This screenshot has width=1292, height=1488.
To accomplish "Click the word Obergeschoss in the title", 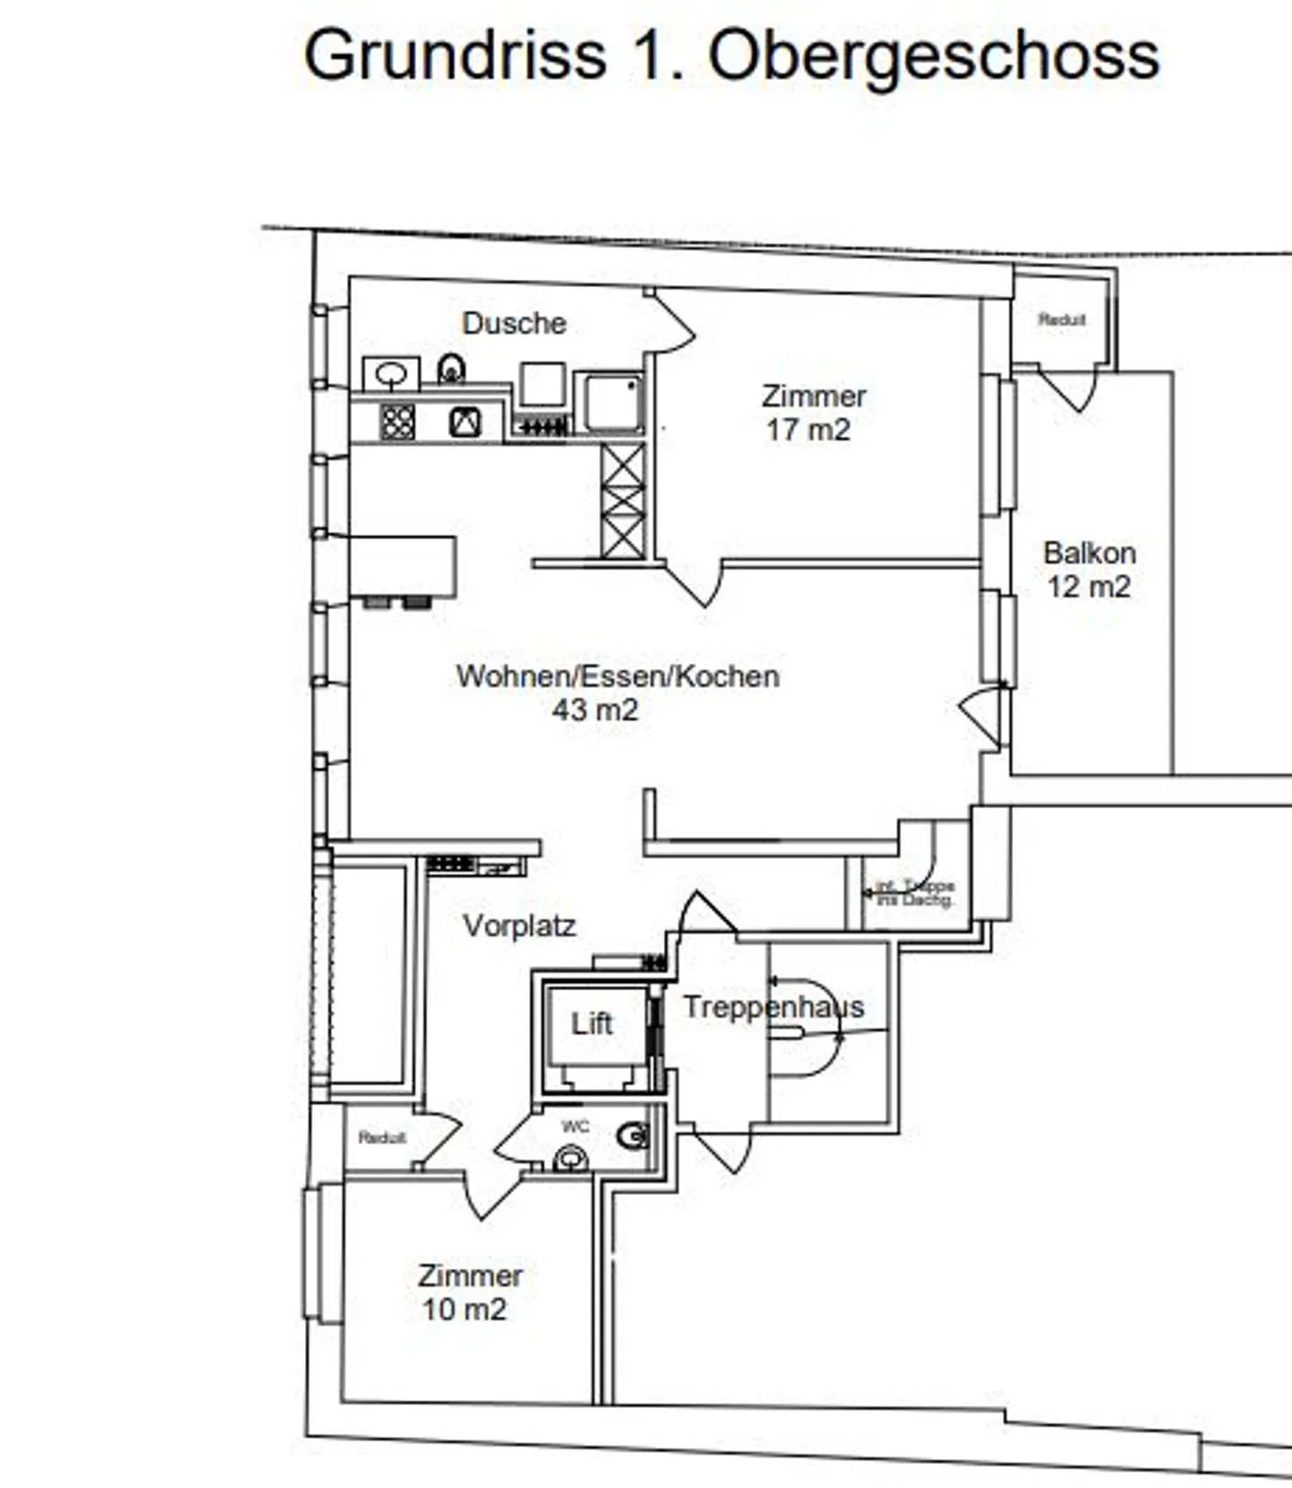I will [x=933, y=56].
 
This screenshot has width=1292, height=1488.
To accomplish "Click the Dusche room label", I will [x=514, y=323].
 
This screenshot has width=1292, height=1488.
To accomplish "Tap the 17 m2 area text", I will [x=807, y=430].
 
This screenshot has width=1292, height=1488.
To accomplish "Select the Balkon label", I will [x=1089, y=553].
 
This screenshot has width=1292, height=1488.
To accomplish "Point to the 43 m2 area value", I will [x=595, y=709].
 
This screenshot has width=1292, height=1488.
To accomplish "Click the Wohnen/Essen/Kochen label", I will [x=617, y=675].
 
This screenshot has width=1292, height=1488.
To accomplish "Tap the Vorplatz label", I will [x=519, y=925].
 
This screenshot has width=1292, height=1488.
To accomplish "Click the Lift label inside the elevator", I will [x=591, y=1022].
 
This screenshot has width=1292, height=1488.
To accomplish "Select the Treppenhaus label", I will [x=773, y=1006].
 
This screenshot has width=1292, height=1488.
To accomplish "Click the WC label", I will [x=575, y=1127].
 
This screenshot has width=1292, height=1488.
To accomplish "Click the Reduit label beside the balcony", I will [x=1061, y=319].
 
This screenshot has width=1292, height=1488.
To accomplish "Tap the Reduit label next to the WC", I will [x=382, y=1137].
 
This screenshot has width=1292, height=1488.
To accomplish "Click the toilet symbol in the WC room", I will [x=633, y=1136].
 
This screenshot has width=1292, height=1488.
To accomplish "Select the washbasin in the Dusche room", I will [x=391, y=373].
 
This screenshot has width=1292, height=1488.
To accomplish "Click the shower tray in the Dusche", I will [x=609, y=402].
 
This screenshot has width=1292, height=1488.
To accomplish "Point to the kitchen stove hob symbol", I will [x=397, y=422].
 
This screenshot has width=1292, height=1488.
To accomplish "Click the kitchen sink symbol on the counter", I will [x=465, y=422].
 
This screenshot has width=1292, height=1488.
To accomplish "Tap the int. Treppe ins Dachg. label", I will [x=915, y=892].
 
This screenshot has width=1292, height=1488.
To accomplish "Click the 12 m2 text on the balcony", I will [x=1088, y=587].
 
